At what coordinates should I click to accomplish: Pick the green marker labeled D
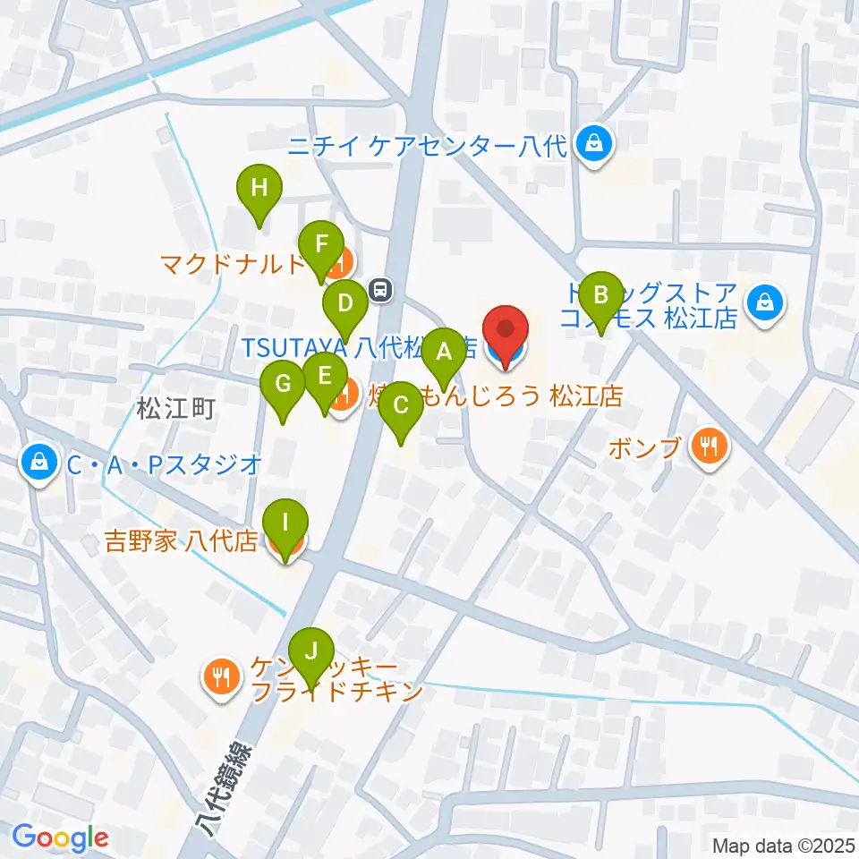coord(344,303)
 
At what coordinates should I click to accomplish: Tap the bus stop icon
coord(381,289)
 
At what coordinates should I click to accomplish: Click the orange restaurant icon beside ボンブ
coord(710,445)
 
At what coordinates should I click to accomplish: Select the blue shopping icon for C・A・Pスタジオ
coord(39,462)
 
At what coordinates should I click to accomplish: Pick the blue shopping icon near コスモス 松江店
coord(767,302)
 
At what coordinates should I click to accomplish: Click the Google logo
coord(60,838)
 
